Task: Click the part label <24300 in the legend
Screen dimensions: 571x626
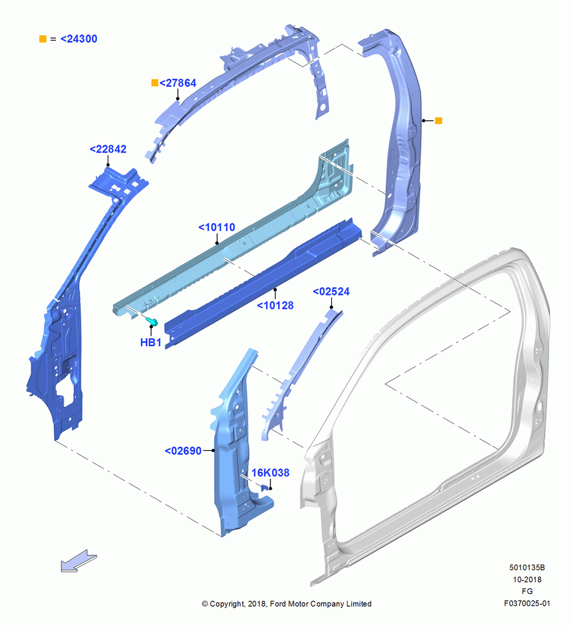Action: pos(79,39)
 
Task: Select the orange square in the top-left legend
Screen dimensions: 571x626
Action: pos(43,39)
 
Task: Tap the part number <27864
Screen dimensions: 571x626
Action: pos(178,83)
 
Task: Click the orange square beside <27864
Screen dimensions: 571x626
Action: pos(155,83)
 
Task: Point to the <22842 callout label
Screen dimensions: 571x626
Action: pos(108,149)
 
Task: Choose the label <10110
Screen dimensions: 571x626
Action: pos(217,227)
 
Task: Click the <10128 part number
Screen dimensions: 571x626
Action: pos(275,305)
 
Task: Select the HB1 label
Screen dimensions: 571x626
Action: pos(150,342)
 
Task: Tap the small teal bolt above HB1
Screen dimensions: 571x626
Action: pos(152,321)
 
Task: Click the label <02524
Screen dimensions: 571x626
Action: pos(331,292)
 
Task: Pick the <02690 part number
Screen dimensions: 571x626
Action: pos(183,451)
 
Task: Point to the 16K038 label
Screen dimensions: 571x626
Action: pos(270,473)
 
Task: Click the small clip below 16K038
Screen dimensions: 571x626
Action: pos(264,488)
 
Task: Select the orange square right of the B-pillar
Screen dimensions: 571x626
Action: pos(438,121)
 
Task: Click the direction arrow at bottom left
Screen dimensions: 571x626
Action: pos(79,561)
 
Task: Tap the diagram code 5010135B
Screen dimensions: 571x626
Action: pos(527,567)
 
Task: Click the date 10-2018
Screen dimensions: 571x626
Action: pos(527,579)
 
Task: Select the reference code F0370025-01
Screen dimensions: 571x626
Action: pos(527,603)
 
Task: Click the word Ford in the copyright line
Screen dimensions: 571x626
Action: pos(279,603)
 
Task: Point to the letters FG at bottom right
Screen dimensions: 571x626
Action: pos(527,592)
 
